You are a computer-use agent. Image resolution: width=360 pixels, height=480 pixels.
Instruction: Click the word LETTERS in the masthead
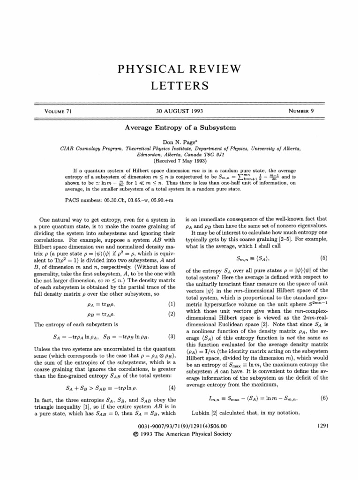[180, 87]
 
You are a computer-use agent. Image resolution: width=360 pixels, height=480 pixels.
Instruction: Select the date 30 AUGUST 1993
[180, 112]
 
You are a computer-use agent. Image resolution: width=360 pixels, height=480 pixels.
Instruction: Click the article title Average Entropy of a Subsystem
[180, 127]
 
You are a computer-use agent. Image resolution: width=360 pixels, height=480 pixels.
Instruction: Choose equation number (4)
[171, 375]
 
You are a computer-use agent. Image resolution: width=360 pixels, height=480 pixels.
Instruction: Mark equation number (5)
[323, 258]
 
